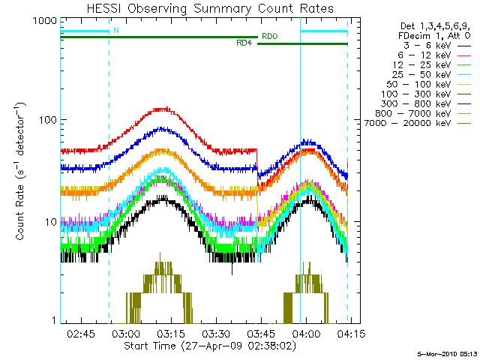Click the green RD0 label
tap(268, 35)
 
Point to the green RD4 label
tap(243, 43)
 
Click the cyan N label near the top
tap(115, 30)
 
